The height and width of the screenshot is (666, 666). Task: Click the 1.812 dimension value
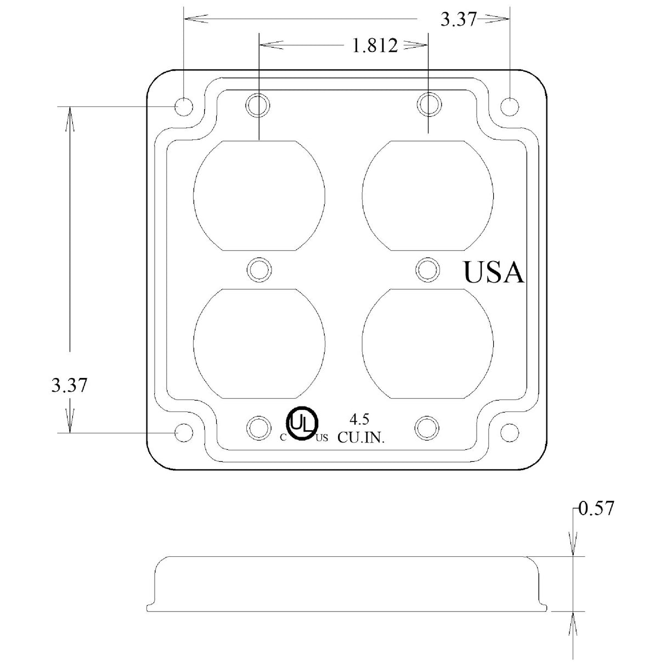[375, 46]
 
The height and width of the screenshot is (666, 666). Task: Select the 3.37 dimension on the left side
[69, 385]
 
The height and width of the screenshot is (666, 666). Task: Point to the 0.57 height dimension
[596, 509]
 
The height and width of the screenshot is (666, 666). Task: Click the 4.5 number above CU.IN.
[359, 420]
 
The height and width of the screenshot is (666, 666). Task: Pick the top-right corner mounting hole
[510, 106]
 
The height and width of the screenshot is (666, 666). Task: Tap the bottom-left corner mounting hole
[183, 432]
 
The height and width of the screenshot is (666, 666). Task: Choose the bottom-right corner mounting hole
[510, 431]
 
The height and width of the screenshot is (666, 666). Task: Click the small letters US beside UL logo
[322, 438]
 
